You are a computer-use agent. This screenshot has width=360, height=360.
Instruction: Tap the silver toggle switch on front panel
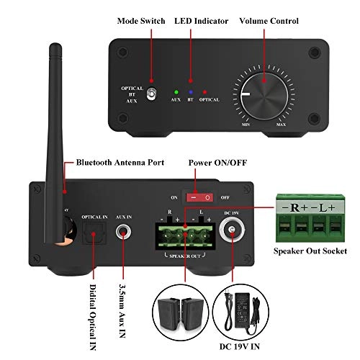pyautogui.click(x=152, y=93)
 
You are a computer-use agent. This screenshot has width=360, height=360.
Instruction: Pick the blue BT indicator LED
pyautogui.click(x=190, y=92)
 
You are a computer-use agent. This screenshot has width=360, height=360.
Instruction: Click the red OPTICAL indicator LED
pyautogui.click(x=205, y=92)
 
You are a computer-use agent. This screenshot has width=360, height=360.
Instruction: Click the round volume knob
pyautogui.click(x=262, y=92)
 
